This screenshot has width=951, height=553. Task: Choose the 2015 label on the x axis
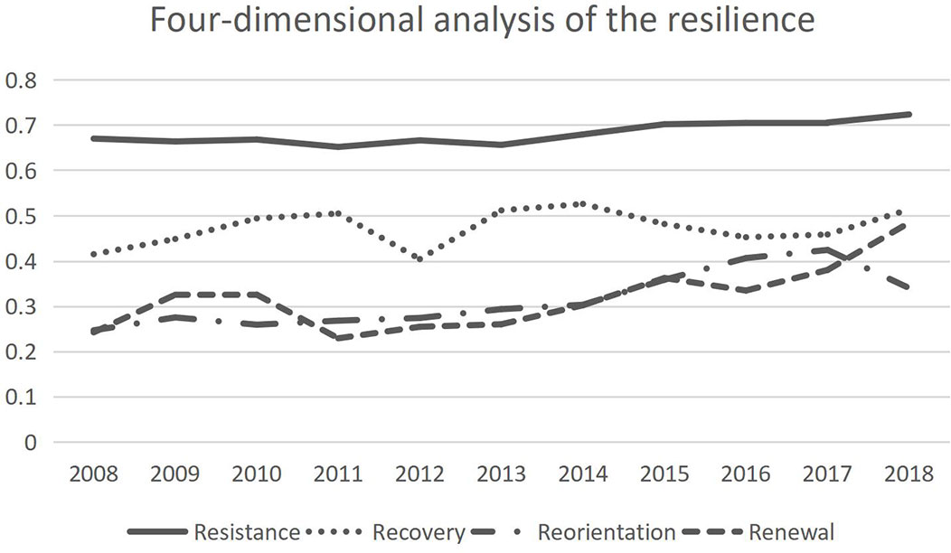(x=664, y=473)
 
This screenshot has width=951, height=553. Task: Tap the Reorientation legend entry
(x=606, y=531)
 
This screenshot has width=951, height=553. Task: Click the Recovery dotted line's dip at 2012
(x=419, y=258)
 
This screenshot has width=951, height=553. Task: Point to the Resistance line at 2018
(x=909, y=115)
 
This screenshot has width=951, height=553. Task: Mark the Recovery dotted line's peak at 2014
(x=582, y=204)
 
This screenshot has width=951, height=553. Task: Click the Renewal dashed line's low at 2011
(x=338, y=338)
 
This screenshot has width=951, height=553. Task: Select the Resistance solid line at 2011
(x=338, y=146)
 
